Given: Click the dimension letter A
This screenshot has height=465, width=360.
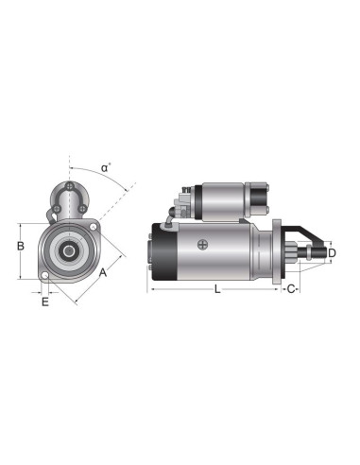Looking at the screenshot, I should pyautogui.click(x=103, y=271).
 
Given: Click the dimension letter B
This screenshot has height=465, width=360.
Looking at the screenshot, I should pyautogui.click(x=19, y=246).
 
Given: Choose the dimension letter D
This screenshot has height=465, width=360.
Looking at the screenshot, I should pyautogui.click(x=331, y=253).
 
